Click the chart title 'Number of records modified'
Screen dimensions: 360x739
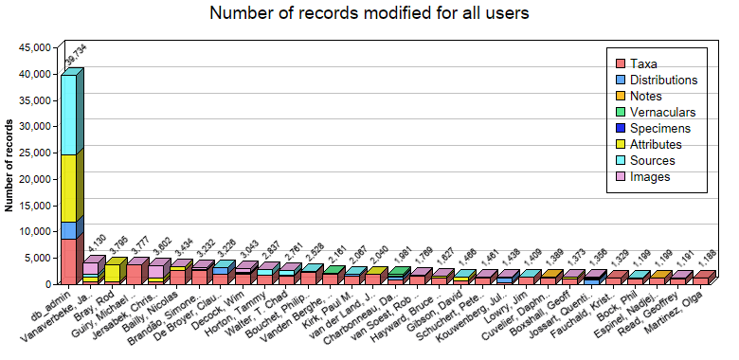click(369, 13)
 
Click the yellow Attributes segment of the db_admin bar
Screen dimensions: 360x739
click(68, 189)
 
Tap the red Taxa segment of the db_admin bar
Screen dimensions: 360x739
click(68, 261)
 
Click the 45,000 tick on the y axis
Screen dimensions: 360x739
click(34, 47)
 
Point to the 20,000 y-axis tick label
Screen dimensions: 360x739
click(34, 179)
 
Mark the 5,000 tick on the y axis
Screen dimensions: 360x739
click(38, 258)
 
